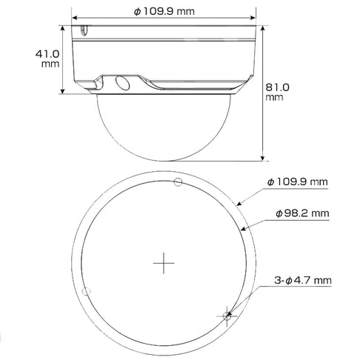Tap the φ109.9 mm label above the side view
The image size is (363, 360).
pyautogui.click(x=166, y=13)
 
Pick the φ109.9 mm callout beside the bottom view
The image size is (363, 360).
pyautogui.click(x=298, y=181)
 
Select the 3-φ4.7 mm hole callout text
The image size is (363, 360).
pyautogui.click(x=301, y=280)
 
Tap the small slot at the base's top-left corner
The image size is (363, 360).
pyautogui.click(x=84, y=31)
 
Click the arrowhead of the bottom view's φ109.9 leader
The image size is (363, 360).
pyautogui.click(x=236, y=203)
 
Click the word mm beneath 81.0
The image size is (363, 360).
pyautogui.click(x=273, y=97)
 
